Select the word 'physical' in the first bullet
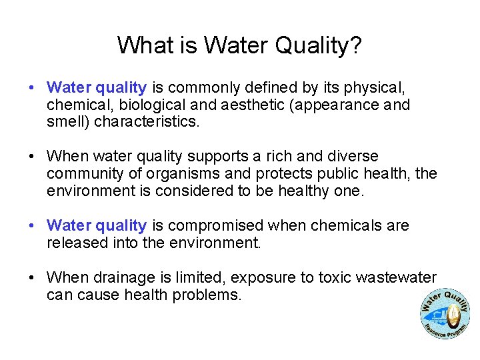(x=377, y=87)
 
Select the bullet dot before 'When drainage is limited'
(x=31, y=278)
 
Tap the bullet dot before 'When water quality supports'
(x=31, y=157)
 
